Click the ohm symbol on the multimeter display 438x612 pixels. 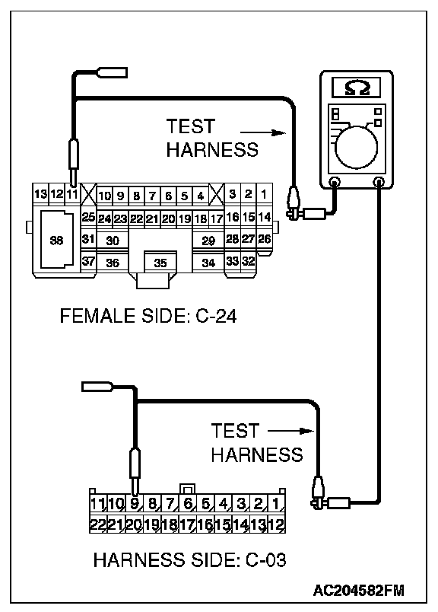(357, 88)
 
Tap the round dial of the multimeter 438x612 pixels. (356, 148)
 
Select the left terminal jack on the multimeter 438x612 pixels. (335, 181)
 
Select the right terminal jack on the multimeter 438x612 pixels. (379, 181)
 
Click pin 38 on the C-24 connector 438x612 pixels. (56, 240)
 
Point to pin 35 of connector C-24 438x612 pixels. (160, 263)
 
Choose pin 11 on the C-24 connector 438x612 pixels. (71, 193)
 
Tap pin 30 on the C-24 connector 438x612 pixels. (113, 241)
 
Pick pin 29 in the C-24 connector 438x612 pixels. (208, 241)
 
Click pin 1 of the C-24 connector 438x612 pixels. (264, 194)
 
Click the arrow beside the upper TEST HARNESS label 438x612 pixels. (263, 132)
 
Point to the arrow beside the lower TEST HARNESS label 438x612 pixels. (291, 431)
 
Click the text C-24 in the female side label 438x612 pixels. (216, 315)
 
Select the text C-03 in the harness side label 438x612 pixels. (265, 559)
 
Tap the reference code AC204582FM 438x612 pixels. (358, 591)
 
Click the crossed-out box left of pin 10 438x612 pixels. (88, 193)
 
